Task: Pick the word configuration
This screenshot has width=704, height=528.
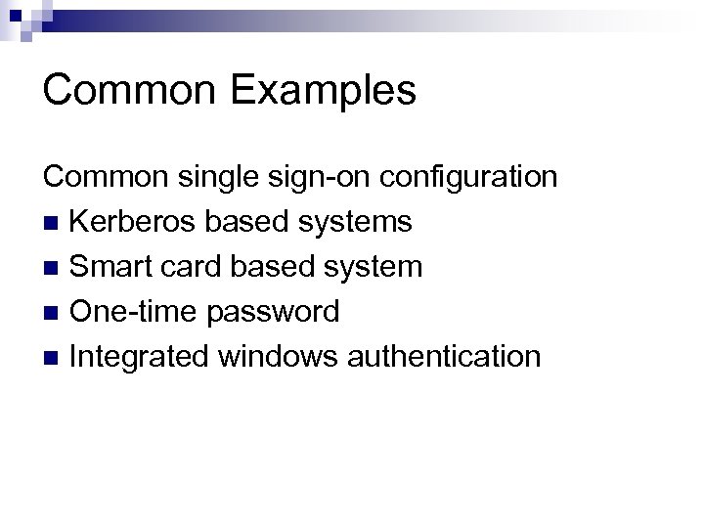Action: tap(469, 178)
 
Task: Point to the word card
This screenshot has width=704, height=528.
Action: tap(189, 266)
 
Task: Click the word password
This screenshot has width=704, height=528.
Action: tap(272, 312)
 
